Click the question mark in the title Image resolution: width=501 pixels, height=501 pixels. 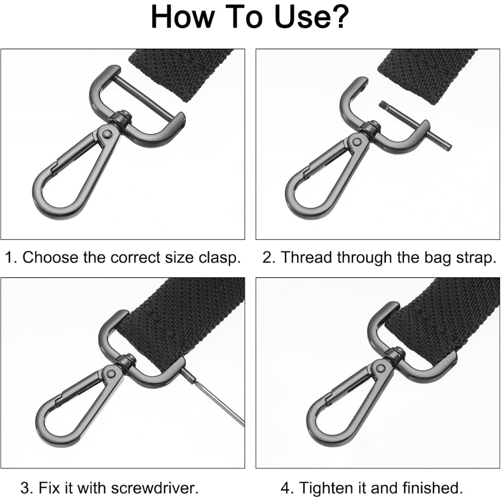click(x=339, y=17)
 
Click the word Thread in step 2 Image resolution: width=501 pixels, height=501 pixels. click(x=308, y=257)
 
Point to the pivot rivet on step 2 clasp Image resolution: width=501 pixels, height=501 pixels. click(x=357, y=140)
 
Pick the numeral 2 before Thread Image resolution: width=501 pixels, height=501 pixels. click(x=267, y=257)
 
